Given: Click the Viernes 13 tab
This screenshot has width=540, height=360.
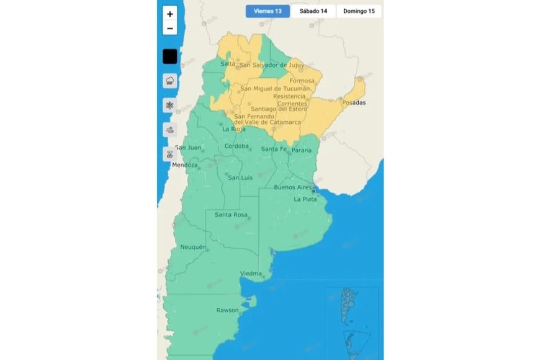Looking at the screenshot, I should click(267, 11).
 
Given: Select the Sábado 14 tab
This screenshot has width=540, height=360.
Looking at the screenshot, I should click(313, 11).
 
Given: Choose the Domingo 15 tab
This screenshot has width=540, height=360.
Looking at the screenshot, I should click(359, 11).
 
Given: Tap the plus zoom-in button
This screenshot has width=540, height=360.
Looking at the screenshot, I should click(170, 14).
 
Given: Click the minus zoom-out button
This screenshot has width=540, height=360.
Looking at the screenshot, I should click(170, 29).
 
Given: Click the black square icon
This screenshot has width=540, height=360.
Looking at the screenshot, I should click(170, 56).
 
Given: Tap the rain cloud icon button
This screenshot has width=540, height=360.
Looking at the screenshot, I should click(170, 81).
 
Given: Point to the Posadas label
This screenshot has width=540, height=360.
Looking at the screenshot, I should click(354, 102).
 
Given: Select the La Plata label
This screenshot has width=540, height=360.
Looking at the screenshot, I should click(305, 199).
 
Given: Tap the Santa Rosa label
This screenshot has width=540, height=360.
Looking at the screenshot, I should click(231, 215).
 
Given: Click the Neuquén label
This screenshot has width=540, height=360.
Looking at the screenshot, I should click(192, 247).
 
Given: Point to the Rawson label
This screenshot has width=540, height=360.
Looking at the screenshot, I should click(227, 310).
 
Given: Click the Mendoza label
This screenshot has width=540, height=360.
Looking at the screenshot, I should click(185, 166).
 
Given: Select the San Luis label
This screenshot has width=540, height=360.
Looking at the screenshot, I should click(240, 178).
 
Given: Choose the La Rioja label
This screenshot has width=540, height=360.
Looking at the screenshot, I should click(233, 129).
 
